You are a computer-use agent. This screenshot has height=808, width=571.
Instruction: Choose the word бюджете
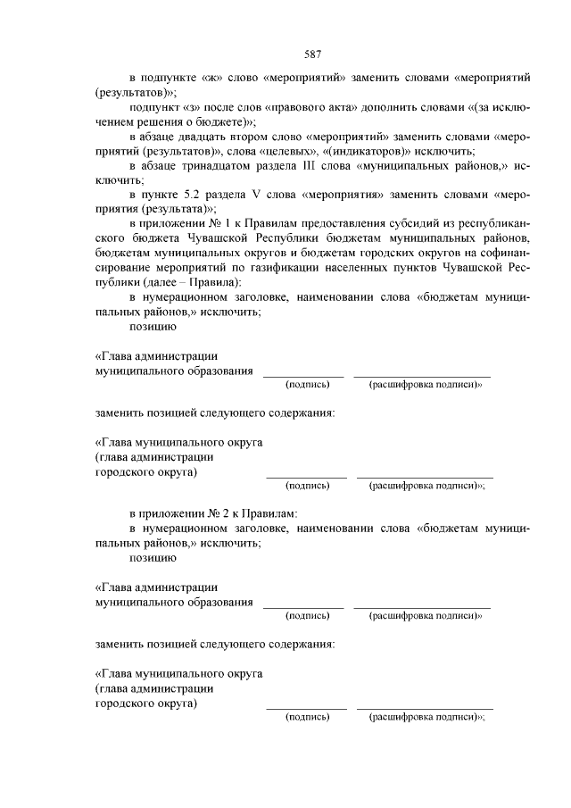(219, 122)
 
